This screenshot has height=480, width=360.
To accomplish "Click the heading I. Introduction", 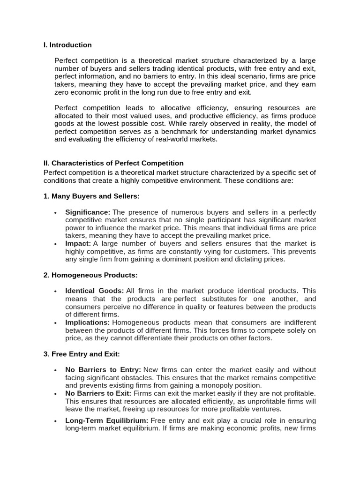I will pyautogui.click(x=67, y=45).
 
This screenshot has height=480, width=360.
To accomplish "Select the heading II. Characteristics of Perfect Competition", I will pyautogui.click(x=113, y=163).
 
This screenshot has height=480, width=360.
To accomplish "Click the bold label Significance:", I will pyautogui.click(x=88, y=212).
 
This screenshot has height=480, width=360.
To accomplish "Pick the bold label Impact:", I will pyautogui.click(x=78, y=243).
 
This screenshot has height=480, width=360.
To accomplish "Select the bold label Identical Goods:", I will pyautogui.click(x=94, y=291).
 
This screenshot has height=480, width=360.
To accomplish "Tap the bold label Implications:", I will pyautogui.click(x=88, y=322).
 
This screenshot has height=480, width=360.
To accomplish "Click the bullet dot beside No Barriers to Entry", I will pyautogui.click(x=55, y=370).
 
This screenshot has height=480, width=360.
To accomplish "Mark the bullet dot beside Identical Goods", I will pyautogui.click(x=55, y=292).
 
